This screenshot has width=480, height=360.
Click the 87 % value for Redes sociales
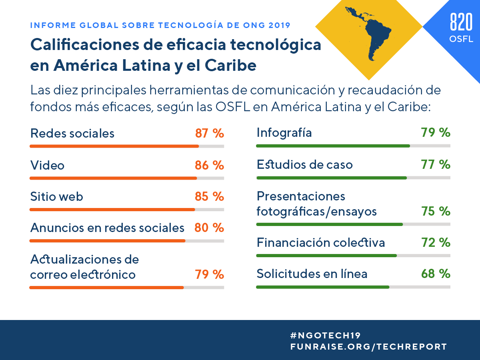pos(209,133)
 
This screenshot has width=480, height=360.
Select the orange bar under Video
pos(113,178)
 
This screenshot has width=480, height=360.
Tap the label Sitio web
pos(57,196)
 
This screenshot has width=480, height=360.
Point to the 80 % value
pos(209,228)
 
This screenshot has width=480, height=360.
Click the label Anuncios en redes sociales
pos(107,228)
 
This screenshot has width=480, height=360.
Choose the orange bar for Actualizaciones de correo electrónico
pos(106,287)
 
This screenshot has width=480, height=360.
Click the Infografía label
pos(284,132)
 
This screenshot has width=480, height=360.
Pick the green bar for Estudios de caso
pos(331,178)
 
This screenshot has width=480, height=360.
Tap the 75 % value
pos(436,211)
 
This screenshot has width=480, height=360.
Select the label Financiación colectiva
pos(321,242)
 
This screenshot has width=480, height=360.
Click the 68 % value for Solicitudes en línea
pos(436,274)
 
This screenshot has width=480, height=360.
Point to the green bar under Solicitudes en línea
pos(322,287)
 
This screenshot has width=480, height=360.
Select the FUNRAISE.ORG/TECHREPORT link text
pos(368,347)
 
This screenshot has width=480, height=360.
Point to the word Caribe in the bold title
pos(232,65)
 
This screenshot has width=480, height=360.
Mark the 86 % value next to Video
pos(209,165)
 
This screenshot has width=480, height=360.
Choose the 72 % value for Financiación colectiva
pos(436,242)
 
